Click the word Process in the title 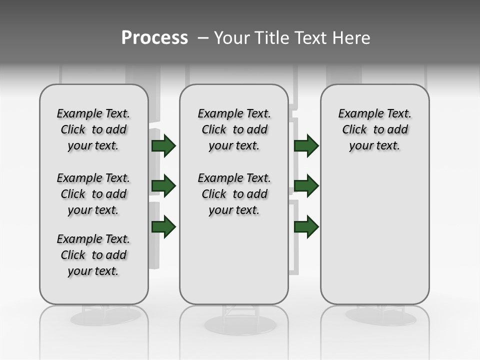point(154,38)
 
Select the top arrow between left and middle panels point(163,145)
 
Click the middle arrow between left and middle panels point(163,186)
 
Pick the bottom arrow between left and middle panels point(163,226)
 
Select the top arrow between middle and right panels point(306,145)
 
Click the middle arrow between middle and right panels point(306,186)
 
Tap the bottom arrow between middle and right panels point(306,226)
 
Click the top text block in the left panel point(93,129)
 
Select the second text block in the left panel point(93,194)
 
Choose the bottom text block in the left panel point(93,255)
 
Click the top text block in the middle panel point(234,129)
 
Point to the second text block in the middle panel point(234,194)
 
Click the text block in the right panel point(375,129)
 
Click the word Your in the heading point(232,38)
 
